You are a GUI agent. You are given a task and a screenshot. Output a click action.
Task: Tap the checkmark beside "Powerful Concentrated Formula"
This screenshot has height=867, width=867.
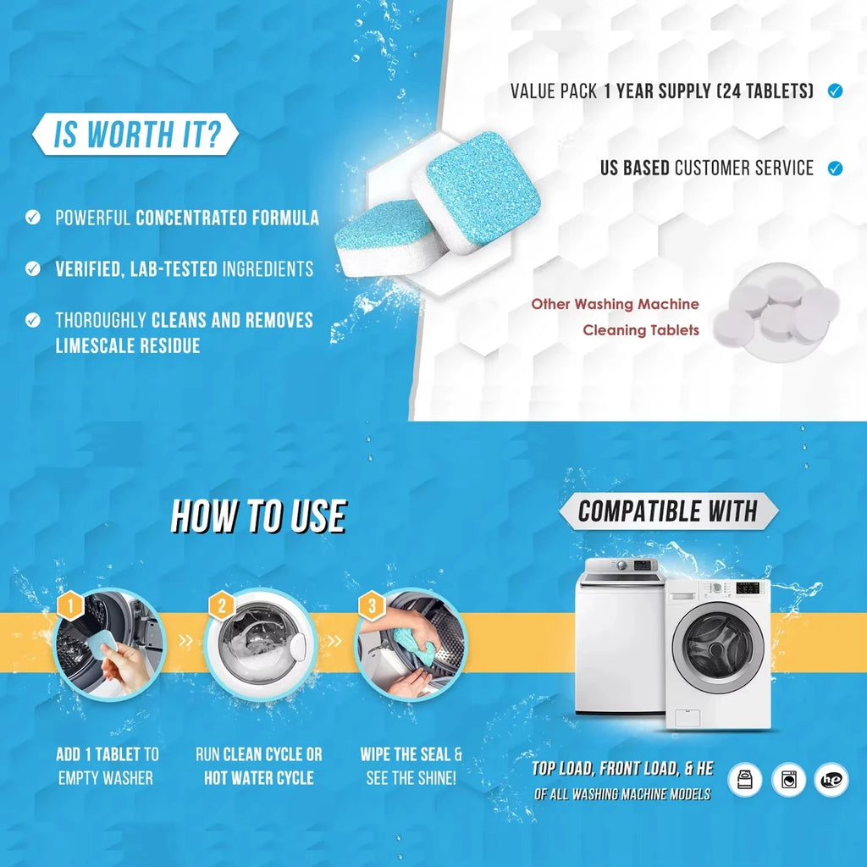(x=33, y=218)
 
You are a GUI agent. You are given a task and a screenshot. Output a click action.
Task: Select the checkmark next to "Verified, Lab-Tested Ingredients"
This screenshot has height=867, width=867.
(x=33, y=269)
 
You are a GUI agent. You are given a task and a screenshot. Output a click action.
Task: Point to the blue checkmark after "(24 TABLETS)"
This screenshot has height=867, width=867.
(x=835, y=91)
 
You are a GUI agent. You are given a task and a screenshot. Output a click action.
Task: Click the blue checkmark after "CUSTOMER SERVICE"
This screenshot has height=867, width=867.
(x=835, y=168)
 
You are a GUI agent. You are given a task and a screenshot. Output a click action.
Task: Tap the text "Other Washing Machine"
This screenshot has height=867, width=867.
(x=615, y=304)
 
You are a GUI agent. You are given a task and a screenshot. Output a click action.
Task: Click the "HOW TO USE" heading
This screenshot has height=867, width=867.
(x=258, y=516)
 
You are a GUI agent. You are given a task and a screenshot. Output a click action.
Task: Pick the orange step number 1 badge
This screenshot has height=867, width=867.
(x=71, y=605)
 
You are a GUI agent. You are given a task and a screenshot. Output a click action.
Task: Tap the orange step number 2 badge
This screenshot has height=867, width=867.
(x=222, y=605)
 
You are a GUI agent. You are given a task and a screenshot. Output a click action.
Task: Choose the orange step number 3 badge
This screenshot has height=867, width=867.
(x=371, y=605)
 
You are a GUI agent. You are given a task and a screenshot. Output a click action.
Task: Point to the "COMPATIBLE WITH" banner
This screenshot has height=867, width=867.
(x=668, y=511)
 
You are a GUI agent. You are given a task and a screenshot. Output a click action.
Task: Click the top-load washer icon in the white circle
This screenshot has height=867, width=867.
(x=744, y=780)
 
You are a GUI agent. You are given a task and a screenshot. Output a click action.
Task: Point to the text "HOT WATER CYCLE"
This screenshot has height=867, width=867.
(x=258, y=778)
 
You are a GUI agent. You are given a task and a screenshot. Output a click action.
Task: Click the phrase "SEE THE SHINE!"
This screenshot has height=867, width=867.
(x=411, y=778)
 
